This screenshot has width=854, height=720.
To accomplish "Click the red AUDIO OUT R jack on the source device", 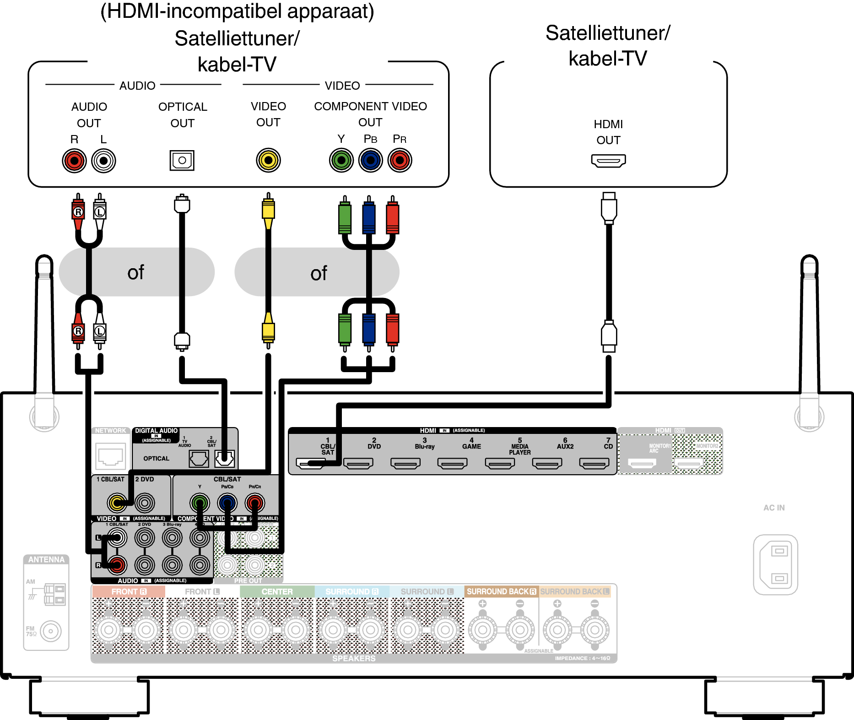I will (x=74, y=161).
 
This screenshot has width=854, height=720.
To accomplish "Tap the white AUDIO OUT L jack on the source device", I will (x=103, y=161).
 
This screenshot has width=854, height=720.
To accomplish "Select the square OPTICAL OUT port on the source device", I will (x=182, y=160).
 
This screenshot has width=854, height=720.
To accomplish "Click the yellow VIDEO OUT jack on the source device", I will (x=268, y=160).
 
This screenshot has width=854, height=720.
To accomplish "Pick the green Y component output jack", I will (x=341, y=160).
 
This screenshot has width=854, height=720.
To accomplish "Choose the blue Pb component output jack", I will (x=370, y=160).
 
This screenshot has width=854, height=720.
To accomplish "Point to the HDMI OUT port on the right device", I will (x=608, y=161).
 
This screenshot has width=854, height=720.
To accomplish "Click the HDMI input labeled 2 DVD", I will (x=358, y=463).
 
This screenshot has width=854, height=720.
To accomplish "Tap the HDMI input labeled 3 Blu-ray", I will (x=405, y=463).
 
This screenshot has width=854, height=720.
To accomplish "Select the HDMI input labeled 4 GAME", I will (x=452, y=463).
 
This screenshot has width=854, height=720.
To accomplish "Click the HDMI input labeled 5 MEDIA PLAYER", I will (x=500, y=463).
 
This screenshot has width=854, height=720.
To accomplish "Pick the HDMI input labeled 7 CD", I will (x=594, y=463).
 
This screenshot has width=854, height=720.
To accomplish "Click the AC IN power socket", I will (x=776, y=564).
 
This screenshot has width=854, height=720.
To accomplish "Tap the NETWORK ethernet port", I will (x=110, y=456).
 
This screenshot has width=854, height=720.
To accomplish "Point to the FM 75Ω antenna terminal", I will (x=51, y=631).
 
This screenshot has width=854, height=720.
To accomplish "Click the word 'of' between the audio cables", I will (x=136, y=272).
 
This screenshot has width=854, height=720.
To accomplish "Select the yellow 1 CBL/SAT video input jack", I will (x=117, y=503).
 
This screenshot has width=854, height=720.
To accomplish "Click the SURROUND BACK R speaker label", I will (x=501, y=591).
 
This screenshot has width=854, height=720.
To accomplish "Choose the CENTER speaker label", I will (x=277, y=591).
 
